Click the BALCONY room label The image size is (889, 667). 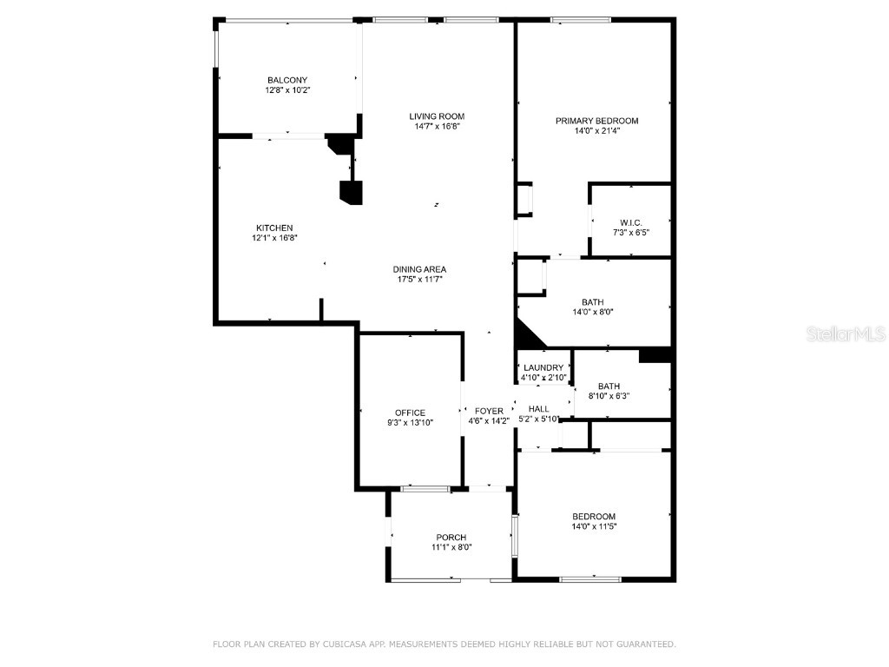(287, 80)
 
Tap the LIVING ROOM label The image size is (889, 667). (437, 116)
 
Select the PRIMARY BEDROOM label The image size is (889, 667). (597, 121)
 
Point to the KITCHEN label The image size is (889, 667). (274, 228)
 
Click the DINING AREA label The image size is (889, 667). (421, 269)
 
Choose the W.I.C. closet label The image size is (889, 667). (631, 221)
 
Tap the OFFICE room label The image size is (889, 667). (410, 413)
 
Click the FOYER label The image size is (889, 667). (489, 412)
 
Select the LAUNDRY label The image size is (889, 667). (543, 368)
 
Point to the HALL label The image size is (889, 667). (539, 408)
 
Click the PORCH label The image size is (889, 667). (451, 537)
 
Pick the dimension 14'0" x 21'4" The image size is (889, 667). (597, 131)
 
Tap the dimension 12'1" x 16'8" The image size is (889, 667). (274, 238)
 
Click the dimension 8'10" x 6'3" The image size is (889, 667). (609, 396)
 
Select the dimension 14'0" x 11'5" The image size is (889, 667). (594, 526)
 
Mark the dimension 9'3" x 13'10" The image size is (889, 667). (410, 423)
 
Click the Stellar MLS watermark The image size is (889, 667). (846, 333)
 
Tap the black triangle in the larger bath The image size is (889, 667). (527, 334)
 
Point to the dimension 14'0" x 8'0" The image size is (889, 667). (594, 313)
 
